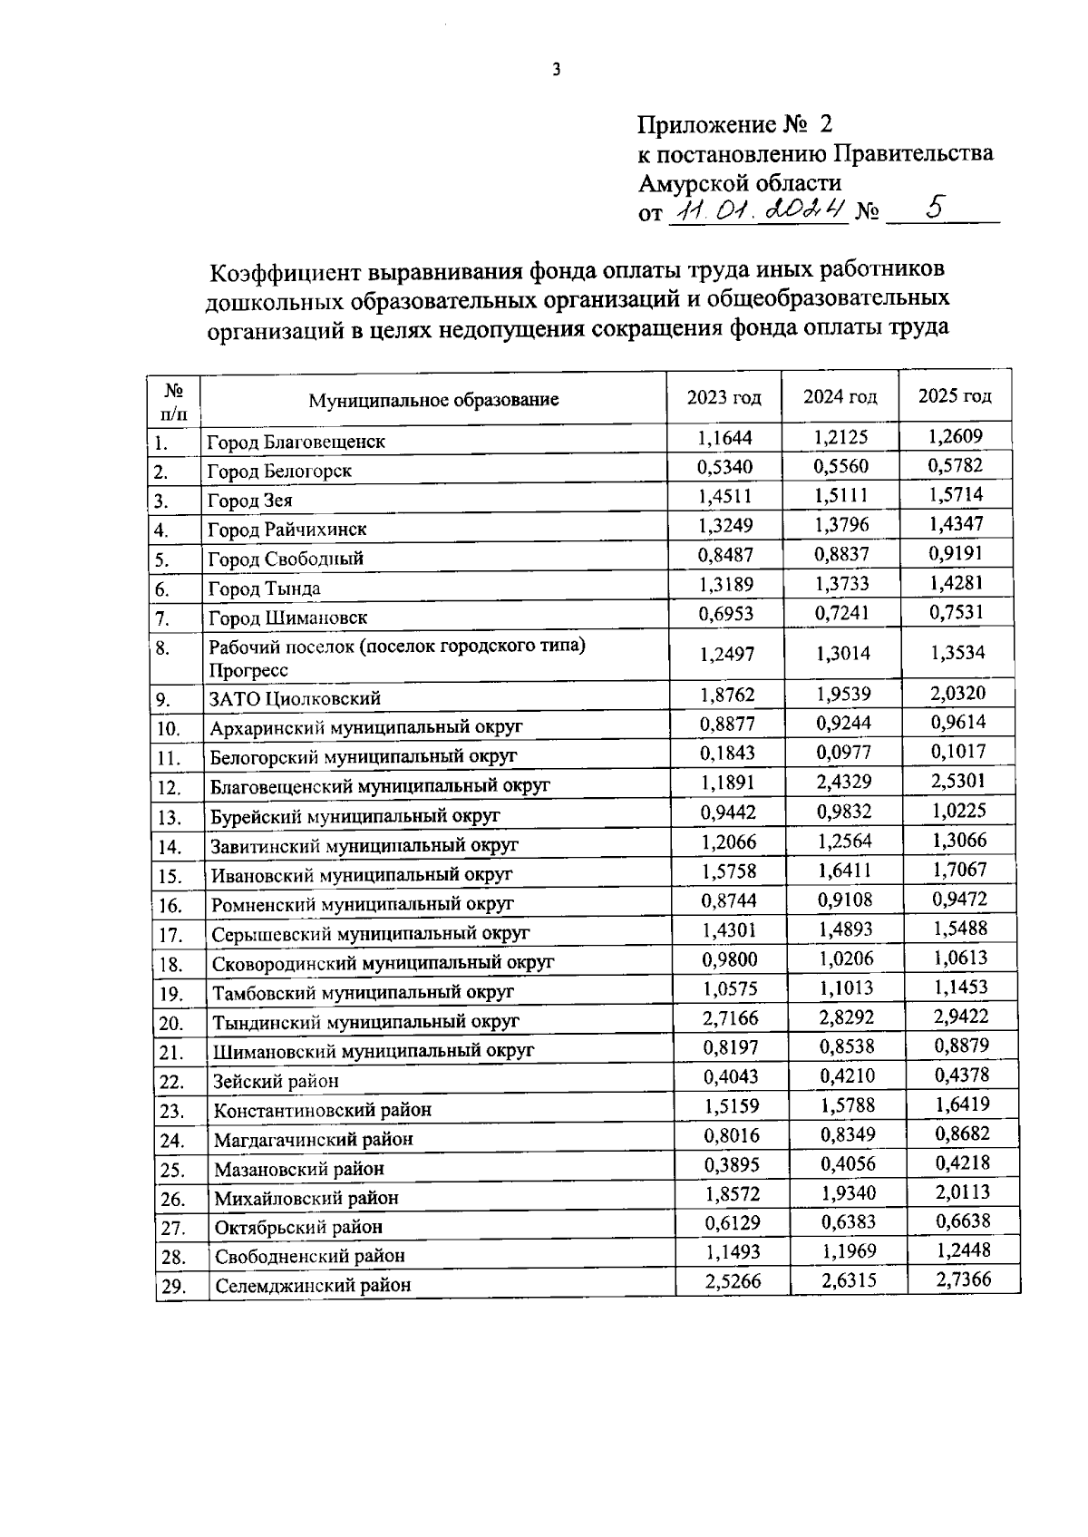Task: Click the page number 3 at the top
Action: [557, 69]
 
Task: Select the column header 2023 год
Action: [724, 397]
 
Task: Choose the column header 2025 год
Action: [955, 396]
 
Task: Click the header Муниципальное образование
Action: [433, 400]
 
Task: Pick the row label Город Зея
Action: [250, 501]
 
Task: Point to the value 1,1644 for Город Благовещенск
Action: [725, 438]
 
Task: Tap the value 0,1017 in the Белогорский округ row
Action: [958, 752]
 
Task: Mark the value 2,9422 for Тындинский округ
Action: [961, 1017]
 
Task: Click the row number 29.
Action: [172, 1287]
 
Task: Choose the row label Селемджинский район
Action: [312, 1285]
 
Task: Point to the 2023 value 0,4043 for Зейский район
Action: [731, 1076]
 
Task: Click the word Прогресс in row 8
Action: [248, 670]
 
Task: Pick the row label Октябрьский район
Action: [298, 1227]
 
